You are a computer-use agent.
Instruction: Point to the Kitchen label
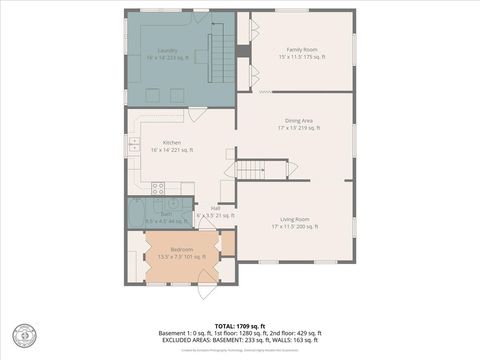click(x=171, y=142)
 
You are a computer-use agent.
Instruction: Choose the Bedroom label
click(x=181, y=249)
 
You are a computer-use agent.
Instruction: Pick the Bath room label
click(x=151, y=213)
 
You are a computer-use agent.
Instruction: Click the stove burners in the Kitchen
click(x=158, y=186)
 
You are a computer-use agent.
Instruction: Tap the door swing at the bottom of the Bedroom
click(x=206, y=291)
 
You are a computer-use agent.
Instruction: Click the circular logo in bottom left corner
click(x=21, y=333)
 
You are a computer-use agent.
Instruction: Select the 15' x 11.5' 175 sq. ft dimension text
click(x=301, y=57)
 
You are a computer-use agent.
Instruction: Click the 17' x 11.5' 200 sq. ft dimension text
click(x=294, y=227)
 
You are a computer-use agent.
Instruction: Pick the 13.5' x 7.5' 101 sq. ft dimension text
click(x=181, y=257)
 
